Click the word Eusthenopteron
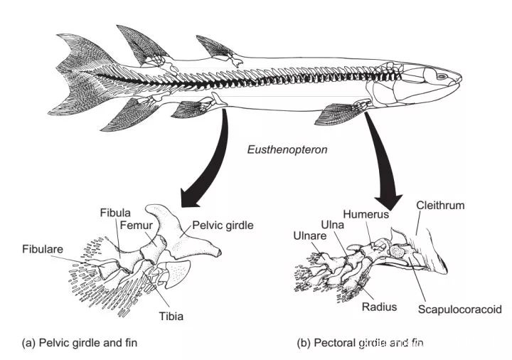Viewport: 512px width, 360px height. pyautogui.click(x=279, y=150)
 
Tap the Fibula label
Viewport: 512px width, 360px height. pyautogui.click(x=115, y=213)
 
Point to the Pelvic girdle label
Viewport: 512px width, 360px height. pyautogui.click(x=220, y=226)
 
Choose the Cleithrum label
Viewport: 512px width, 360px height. pyautogui.click(x=440, y=206)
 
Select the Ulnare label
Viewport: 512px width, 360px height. pyautogui.click(x=309, y=235)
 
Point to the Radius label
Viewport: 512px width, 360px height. pyautogui.click(x=379, y=307)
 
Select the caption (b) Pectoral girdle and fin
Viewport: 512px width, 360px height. pyautogui.click(x=360, y=343)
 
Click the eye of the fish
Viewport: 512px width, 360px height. pyautogui.click(x=442, y=76)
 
